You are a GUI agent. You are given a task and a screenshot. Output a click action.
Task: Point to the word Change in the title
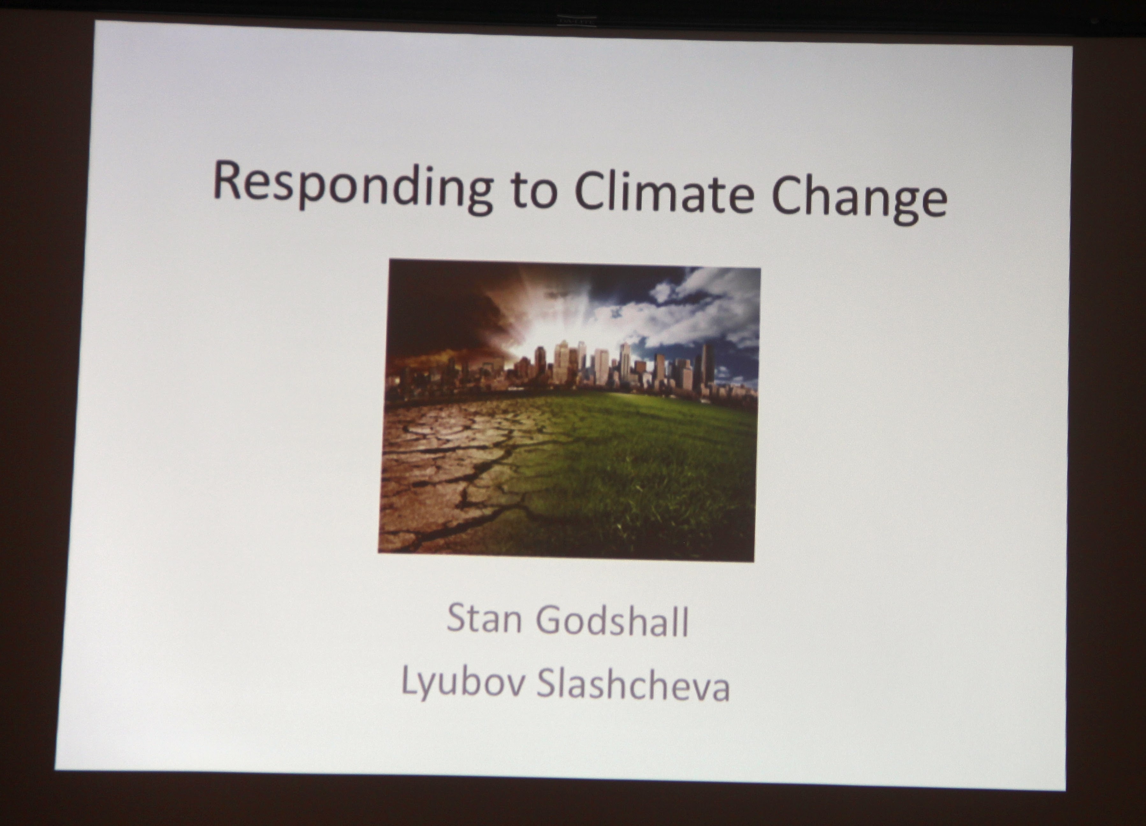(x=859, y=198)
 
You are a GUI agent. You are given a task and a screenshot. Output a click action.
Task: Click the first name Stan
(x=483, y=618)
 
